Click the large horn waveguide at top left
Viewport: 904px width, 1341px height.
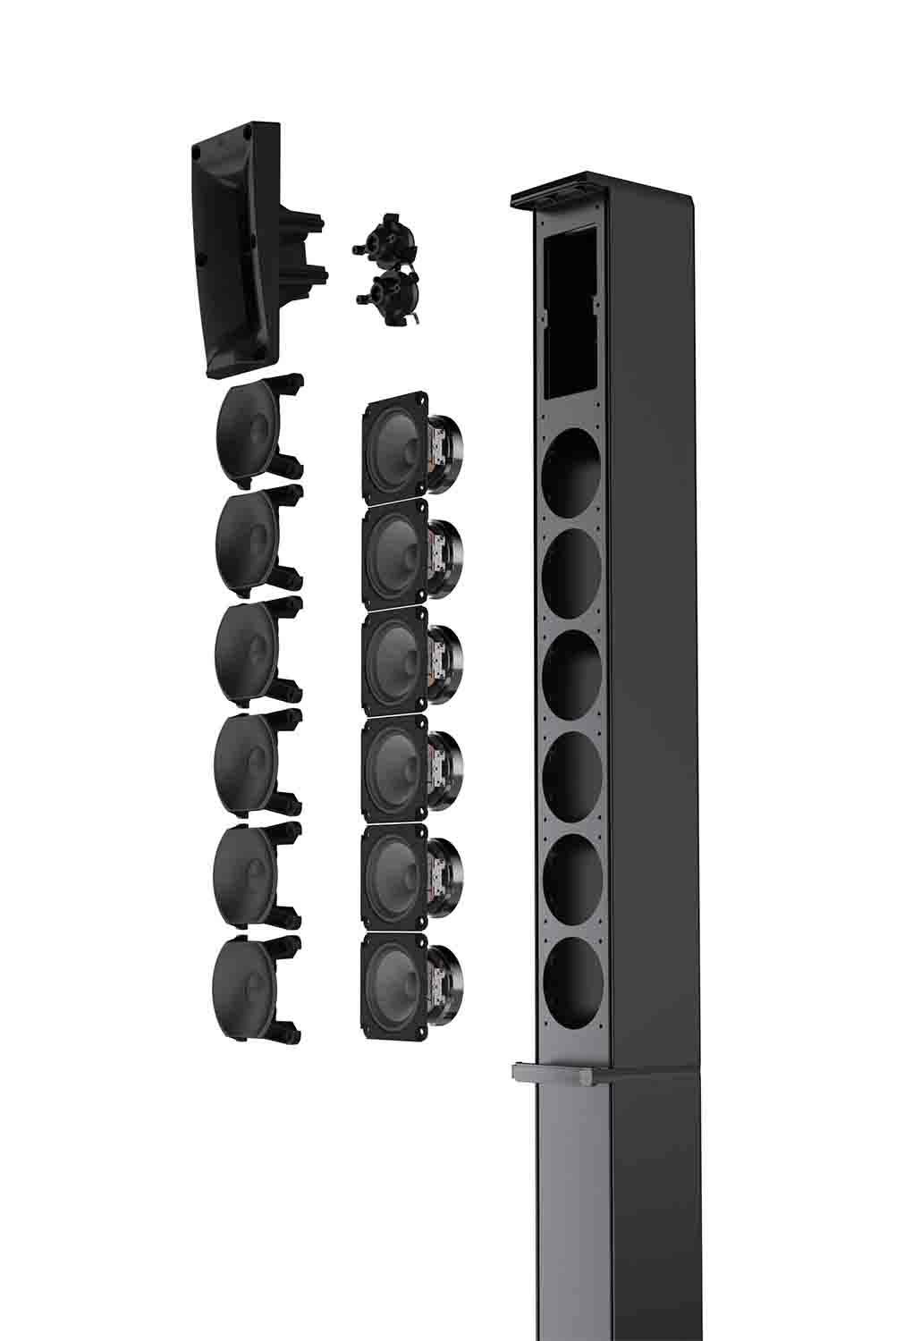tap(237, 255)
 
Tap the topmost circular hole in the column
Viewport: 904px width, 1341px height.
tap(572, 470)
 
